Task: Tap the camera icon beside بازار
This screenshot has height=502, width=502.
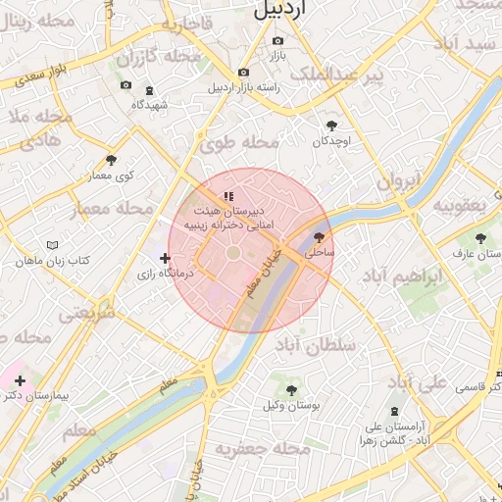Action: click(277, 41)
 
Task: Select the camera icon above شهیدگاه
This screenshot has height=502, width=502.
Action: click(124, 86)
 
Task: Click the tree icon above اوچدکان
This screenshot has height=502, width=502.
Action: click(330, 125)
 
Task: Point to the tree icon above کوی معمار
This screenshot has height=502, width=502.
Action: click(110, 159)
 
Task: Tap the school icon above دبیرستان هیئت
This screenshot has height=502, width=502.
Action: click(228, 196)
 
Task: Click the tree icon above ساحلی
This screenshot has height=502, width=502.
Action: click(319, 236)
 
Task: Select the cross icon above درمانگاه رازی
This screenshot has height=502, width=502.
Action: click(164, 258)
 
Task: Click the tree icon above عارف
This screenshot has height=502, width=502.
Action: click(479, 237)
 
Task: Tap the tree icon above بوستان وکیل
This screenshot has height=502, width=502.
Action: click(291, 389)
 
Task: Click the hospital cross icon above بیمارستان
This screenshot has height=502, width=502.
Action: click(20, 379)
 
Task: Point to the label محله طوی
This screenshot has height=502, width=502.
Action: click(240, 143)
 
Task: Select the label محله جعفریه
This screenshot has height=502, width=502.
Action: click(263, 449)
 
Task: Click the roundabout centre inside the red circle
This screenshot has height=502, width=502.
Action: click(234, 254)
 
